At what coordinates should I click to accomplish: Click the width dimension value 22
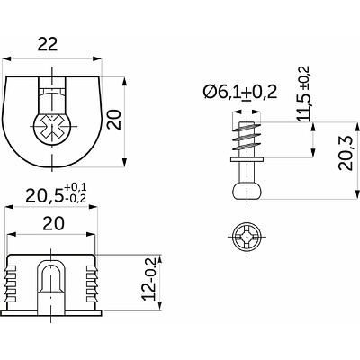pyautogui.click(x=48, y=45)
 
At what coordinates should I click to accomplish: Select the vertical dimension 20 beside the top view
pyautogui.click(x=114, y=120)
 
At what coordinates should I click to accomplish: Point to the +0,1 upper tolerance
pyautogui.click(x=76, y=188)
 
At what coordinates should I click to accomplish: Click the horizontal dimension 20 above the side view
pyautogui.click(x=54, y=223)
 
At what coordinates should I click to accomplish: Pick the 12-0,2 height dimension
pyautogui.click(x=149, y=278)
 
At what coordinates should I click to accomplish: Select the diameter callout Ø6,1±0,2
pyautogui.click(x=240, y=93)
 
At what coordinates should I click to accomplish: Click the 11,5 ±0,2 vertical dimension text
pyautogui.click(x=303, y=94)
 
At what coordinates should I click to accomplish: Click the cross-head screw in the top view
pyautogui.click(x=51, y=130)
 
